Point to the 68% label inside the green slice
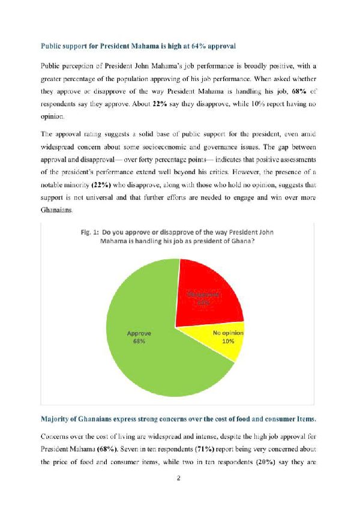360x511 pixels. (139, 341)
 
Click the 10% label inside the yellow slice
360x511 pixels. (228, 341)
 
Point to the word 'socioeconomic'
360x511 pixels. (224, 147)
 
